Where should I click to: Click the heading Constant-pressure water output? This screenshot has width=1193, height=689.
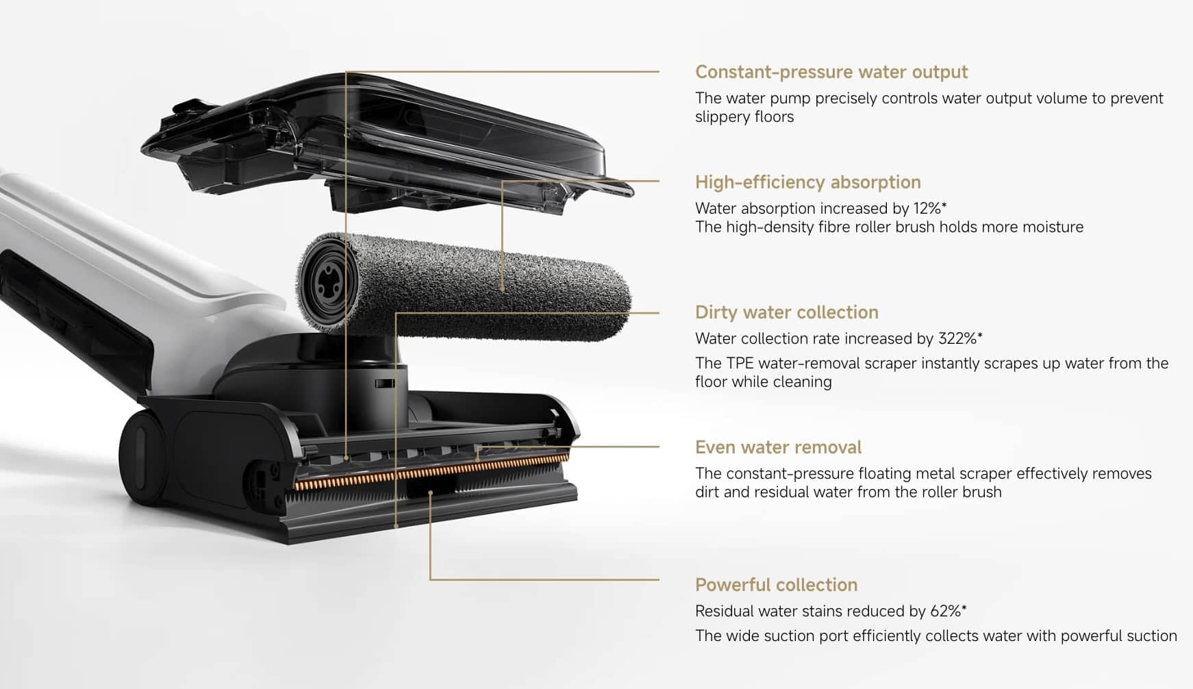[x=831, y=72]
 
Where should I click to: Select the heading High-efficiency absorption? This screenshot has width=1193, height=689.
[x=808, y=182]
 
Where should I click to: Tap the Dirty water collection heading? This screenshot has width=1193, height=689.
[x=787, y=312]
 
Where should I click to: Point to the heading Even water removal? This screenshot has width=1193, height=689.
[x=778, y=447]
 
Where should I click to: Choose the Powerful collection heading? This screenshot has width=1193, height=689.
[x=777, y=585]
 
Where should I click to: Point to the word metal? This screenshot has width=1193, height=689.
[x=933, y=473]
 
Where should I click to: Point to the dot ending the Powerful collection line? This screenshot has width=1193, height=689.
[x=430, y=492]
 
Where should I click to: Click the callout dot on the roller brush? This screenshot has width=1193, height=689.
[x=503, y=290]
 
